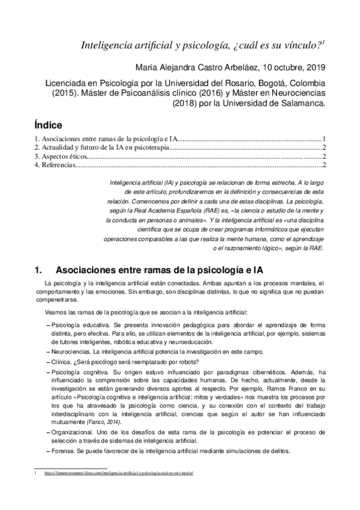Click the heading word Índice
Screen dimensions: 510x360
[49, 126]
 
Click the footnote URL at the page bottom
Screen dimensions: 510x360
[118, 473]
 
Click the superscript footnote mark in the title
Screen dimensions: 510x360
[324, 42]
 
